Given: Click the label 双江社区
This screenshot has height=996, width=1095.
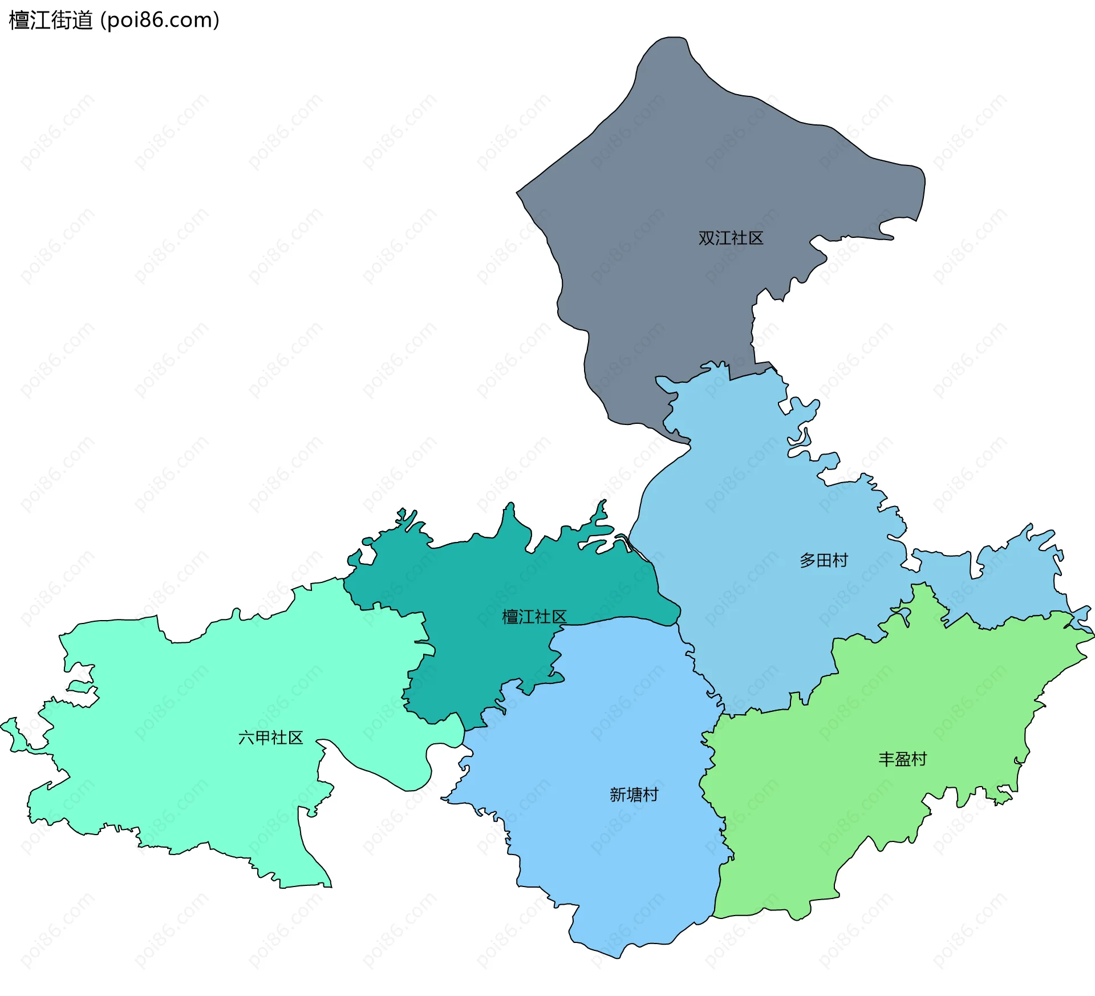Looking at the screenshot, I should [x=731, y=238].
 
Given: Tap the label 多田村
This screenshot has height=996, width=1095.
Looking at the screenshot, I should [x=824, y=560].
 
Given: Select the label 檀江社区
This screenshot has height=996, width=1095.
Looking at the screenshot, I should [x=534, y=617].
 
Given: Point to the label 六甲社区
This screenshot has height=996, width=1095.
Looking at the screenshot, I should [x=270, y=738].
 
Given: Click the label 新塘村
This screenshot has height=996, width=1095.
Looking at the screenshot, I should [x=634, y=795].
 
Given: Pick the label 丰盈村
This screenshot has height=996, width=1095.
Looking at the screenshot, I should [x=902, y=759].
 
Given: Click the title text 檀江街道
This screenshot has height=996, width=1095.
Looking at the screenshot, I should [x=51, y=21].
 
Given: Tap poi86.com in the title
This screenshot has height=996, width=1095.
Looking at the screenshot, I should [x=160, y=21].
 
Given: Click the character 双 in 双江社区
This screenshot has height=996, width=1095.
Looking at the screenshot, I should [x=707, y=238].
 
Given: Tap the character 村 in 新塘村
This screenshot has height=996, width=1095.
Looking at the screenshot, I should [x=650, y=795].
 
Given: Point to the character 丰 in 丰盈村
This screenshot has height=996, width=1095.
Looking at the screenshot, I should [x=886, y=759].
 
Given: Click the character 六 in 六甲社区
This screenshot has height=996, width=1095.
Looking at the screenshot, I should [x=246, y=738].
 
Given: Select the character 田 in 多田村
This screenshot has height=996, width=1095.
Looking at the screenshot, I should [x=824, y=560].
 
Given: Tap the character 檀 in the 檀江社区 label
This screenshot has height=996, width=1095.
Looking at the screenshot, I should [x=510, y=617].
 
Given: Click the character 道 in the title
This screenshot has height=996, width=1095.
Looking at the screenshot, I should [x=83, y=21].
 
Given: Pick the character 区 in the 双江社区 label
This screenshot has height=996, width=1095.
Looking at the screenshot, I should [x=756, y=238].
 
